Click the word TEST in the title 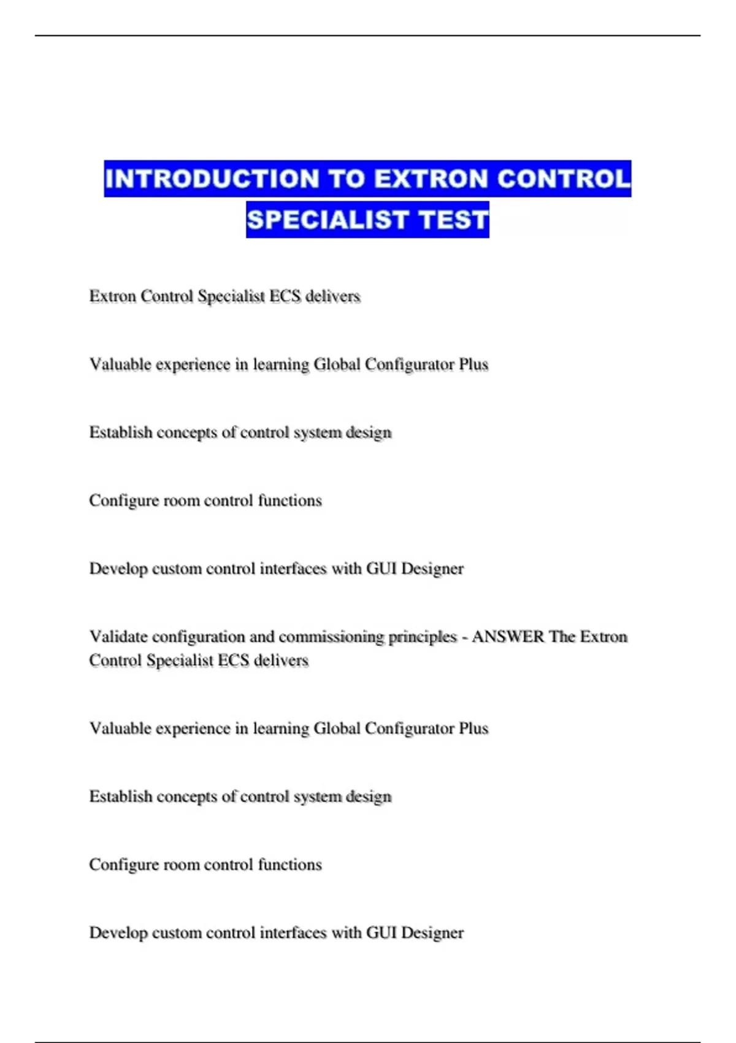453,220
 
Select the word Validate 118,637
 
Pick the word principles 423,637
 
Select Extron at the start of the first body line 112,296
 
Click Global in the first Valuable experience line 337,364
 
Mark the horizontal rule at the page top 367,36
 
